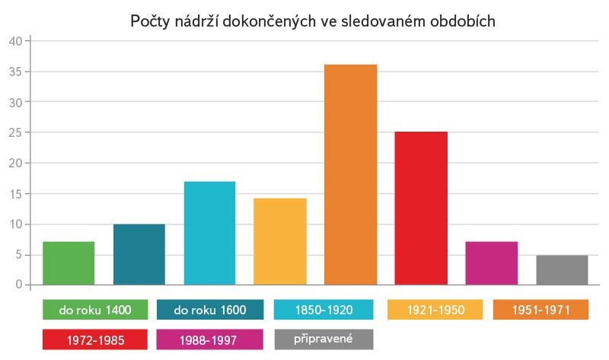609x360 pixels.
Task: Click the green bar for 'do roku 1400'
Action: [x=69, y=263]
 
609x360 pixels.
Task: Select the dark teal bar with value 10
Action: [x=139, y=254]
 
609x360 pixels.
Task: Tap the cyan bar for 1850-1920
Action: [x=209, y=233]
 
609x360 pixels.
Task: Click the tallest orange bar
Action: [x=350, y=175]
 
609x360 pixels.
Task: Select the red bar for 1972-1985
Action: [x=421, y=209]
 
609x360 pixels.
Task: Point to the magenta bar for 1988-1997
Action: [x=491, y=263]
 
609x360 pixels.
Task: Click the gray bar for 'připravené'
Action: [x=562, y=270]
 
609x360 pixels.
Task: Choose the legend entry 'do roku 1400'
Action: [x=95, y=310]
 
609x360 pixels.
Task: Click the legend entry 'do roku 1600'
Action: [x=209, y=310]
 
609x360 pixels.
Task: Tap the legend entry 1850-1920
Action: [x=324, y=310]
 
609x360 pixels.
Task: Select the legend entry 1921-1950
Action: [x=435, y=310]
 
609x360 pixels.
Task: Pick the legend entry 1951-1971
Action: [x=540, y=310]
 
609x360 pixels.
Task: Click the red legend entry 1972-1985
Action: [x=95, y=339]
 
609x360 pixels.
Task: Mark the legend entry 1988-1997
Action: [x=209, y=339]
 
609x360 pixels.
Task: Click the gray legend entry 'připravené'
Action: [x=324, y=339]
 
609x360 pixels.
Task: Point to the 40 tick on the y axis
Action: [x=15, y=41]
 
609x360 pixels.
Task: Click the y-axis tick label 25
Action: [x=15, y=132]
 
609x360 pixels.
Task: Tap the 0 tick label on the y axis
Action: [x=18, y=285]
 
